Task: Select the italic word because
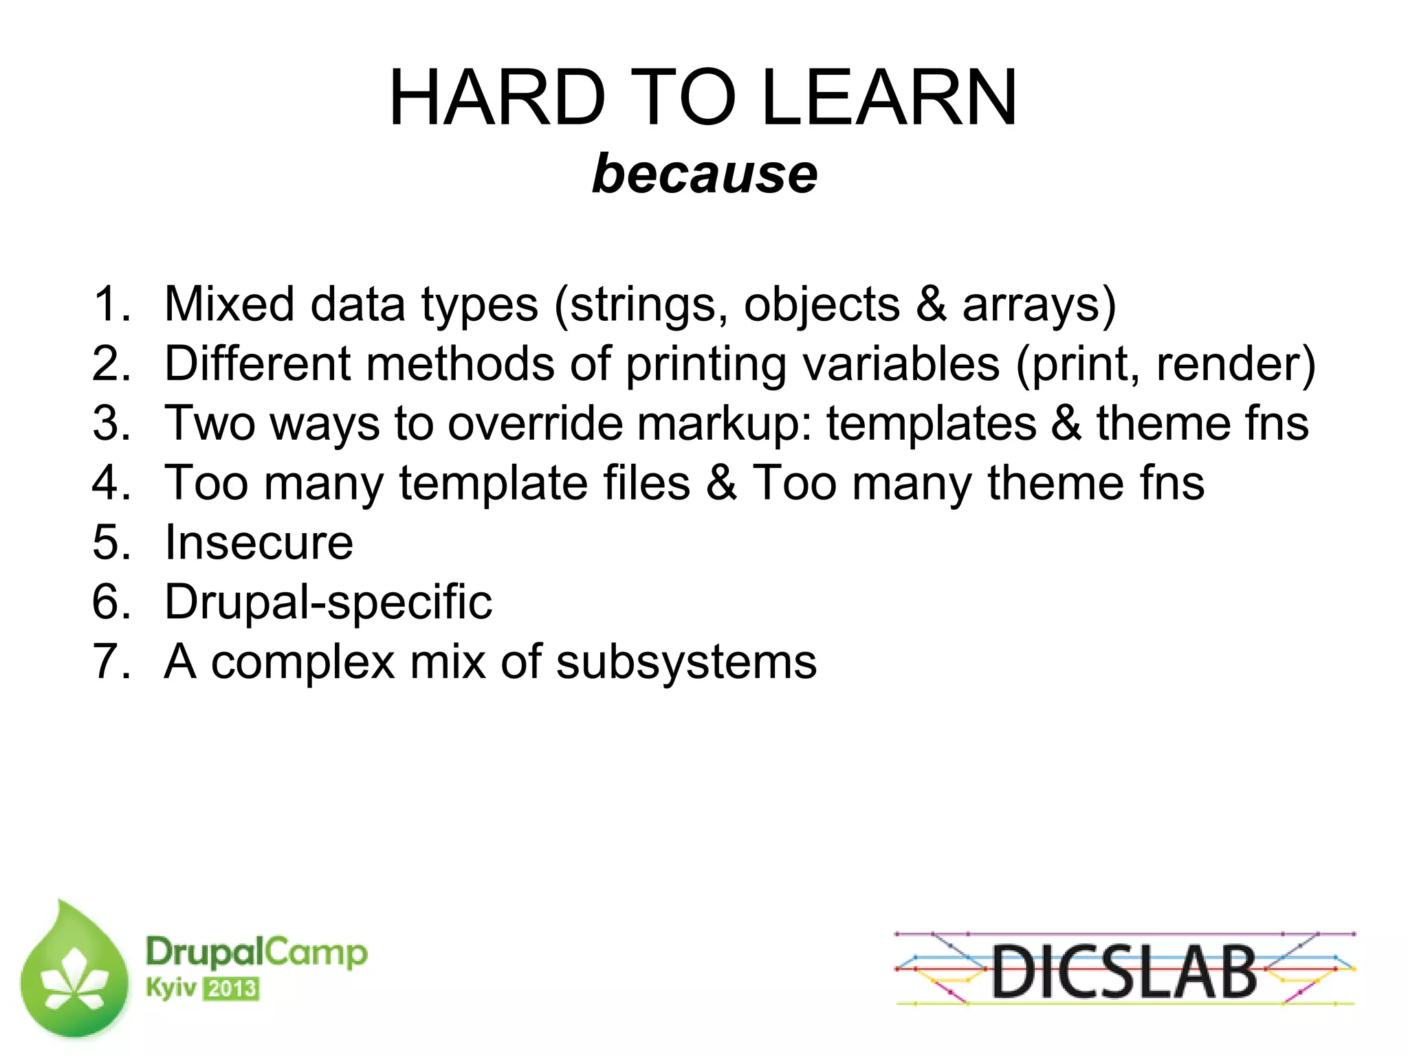(x=705, y=174)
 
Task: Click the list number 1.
(x=110, y=304)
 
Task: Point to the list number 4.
(x=110, y=482)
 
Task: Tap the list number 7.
(x=110, y=662)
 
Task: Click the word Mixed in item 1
(x=229, y=304)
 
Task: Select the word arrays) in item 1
(x=1039, y=304)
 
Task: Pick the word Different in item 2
(x=258, y=363)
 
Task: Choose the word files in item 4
(x=646, y=482)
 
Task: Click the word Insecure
(x=258, y=543)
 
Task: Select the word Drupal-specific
(x=328, y=603)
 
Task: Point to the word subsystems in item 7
(x=685, y=662)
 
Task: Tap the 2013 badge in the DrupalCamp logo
(x=231, y=989)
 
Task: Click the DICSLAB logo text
(x=1124, y=971)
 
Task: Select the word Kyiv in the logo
(x=170, y=988)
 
